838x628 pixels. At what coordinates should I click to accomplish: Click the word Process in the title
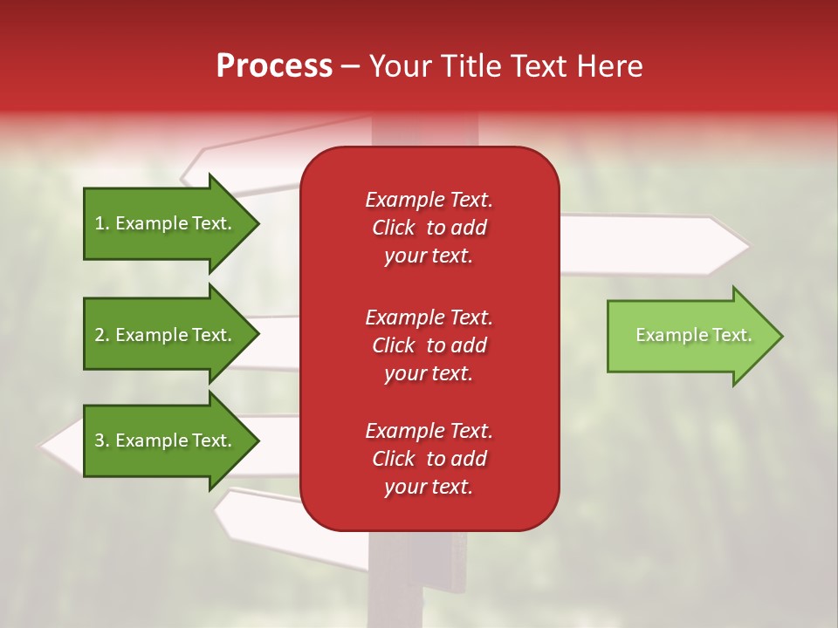(x=274, y=66)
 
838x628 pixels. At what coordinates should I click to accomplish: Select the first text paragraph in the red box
(x=429, y=228)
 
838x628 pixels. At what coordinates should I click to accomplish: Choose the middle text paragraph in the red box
(x=429, y=345)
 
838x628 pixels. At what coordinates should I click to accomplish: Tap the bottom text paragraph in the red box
(x=429, y=459)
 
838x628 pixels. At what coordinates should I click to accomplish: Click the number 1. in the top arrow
(x=102, y=223)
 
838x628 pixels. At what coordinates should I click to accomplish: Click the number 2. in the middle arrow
(x=102, y=335)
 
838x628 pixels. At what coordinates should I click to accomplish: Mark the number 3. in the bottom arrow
(x=102, y=440)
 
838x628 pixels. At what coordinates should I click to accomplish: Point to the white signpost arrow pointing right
(x=655, y=245)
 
